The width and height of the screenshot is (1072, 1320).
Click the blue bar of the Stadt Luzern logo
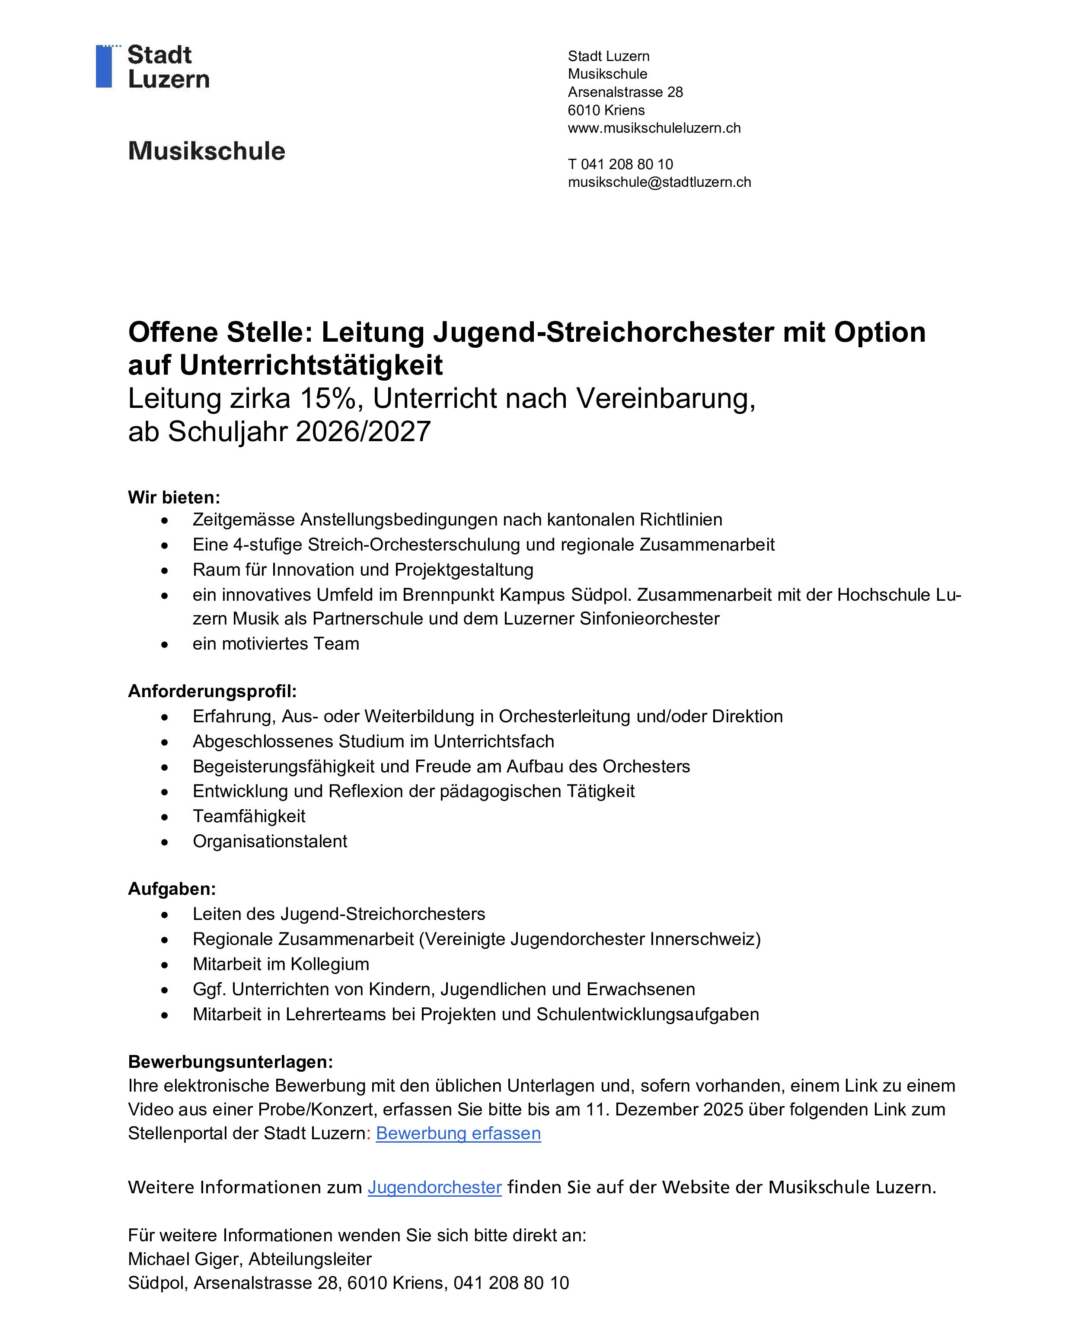click(x=104, y=66)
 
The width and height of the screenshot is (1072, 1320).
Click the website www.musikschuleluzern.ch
click(x=654, y=128)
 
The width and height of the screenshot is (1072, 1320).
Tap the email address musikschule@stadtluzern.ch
click(x=659, y=182)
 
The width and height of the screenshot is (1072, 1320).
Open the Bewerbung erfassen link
click(x=458, y=1134)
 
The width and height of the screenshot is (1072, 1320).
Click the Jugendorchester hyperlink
click(x=435, y=1187)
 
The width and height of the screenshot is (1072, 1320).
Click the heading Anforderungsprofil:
click(x=212, y=691)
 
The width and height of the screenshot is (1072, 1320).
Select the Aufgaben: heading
click(x=172, y=889)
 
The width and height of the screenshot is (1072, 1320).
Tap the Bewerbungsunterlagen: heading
click(x=230, y=1062)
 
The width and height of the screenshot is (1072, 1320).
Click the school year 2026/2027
click(x=363, y=431)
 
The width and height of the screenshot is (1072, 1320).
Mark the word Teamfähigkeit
click(x=249, y=816)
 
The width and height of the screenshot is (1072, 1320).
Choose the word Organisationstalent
click(x=270, y=841)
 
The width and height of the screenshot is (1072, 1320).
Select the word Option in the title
click(x=880, y=332)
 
